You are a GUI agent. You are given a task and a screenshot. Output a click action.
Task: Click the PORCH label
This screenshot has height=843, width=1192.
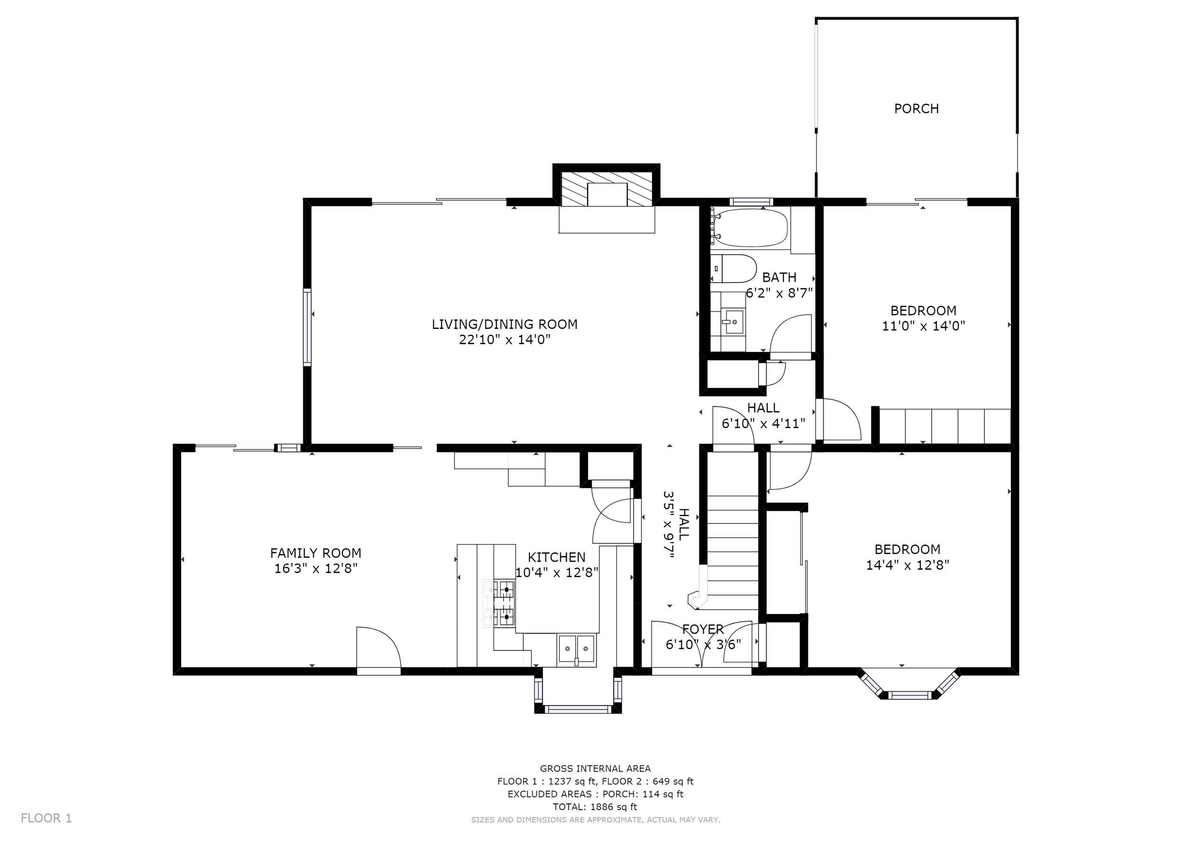pos(916,109)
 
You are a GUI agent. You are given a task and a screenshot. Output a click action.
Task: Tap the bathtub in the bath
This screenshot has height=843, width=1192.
pos(750,228)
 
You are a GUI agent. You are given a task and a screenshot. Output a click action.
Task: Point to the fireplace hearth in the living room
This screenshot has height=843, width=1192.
pos(606,220)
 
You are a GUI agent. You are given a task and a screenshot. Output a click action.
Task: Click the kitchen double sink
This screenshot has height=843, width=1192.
pos(576,649)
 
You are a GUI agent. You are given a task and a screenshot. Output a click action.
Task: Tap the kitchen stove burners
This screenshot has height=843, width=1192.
pos(499,603)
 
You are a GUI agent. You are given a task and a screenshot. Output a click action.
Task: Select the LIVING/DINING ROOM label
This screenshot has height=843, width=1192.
pos(504,324)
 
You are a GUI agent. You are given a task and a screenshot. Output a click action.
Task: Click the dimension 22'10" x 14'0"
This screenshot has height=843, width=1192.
pos(504,339)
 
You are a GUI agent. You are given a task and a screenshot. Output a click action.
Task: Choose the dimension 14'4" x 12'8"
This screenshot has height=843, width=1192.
pos(907,565)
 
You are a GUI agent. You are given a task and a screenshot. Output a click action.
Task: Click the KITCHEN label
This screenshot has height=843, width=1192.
pos(556,557)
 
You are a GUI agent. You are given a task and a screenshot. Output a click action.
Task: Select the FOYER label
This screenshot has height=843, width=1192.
pos(703,629)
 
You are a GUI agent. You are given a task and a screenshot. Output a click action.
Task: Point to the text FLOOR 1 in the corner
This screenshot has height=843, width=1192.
pos(46,818)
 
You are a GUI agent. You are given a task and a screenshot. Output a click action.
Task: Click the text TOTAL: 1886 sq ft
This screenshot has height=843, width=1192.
pos(595,807)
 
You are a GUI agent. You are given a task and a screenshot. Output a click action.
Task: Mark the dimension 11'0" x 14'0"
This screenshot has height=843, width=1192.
pos(924,326)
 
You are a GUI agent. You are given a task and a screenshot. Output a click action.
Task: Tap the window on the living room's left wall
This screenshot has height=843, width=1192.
pos(308,327)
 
